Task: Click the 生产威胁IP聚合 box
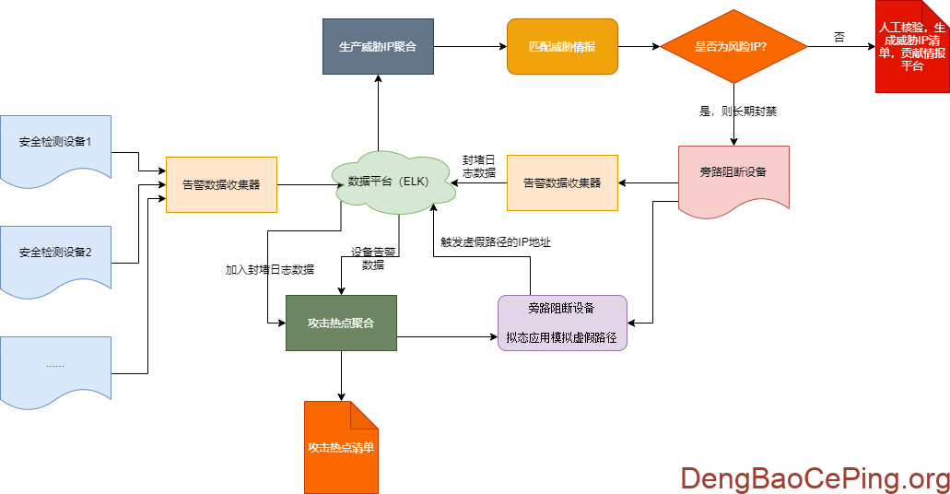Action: [x=378, y=46]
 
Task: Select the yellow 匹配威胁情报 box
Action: [x=562, y=46]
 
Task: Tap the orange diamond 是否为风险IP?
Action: [x=733, y=46]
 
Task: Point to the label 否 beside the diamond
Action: [x=839, y=37]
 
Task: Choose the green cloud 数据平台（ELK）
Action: [x=396, y=182]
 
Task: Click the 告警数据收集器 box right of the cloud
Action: [x=562, y=182]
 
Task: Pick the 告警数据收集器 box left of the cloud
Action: [x=221, y=184]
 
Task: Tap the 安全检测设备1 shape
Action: [x=55, y=144]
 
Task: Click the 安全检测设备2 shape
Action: [x=55, y=252]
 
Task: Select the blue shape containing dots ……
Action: [x=55, y=366]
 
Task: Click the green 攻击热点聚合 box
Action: [x=341, y=323]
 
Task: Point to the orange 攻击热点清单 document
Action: [x=341, y=447]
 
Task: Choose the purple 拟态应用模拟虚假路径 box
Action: [x=562, y=323]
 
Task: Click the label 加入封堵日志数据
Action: [x=270, y=270]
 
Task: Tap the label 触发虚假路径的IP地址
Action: [x=496, y=242]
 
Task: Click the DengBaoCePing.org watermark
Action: [x=815, y=478]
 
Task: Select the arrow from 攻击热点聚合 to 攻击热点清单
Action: [x=341, y=376]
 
